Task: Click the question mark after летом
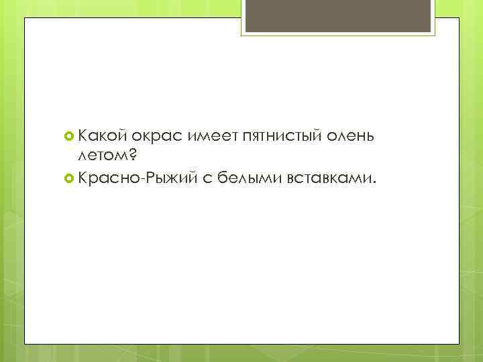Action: [x=132, y=156]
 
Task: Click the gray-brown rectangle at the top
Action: [x=338, y=17]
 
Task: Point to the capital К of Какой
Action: [x=83, y=137]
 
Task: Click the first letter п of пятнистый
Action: [x=251, y=138]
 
